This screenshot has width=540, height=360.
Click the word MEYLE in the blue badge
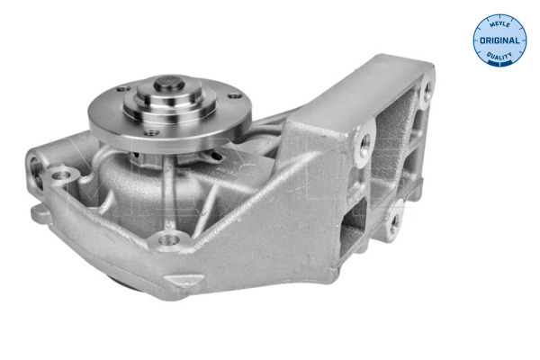pos(499,24)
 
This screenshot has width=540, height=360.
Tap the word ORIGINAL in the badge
pos(499,40)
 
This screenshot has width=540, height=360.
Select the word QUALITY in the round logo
pos(499,56)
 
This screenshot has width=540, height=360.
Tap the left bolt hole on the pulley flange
pos(123,89)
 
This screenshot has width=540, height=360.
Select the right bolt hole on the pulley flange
pos(234,96)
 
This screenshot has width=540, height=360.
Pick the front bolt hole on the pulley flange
pos(151,132)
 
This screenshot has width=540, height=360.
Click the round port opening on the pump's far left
pos(36,171)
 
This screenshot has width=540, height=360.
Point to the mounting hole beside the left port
pos(60,175)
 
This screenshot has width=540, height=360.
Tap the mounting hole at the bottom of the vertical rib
pos(169,239)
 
